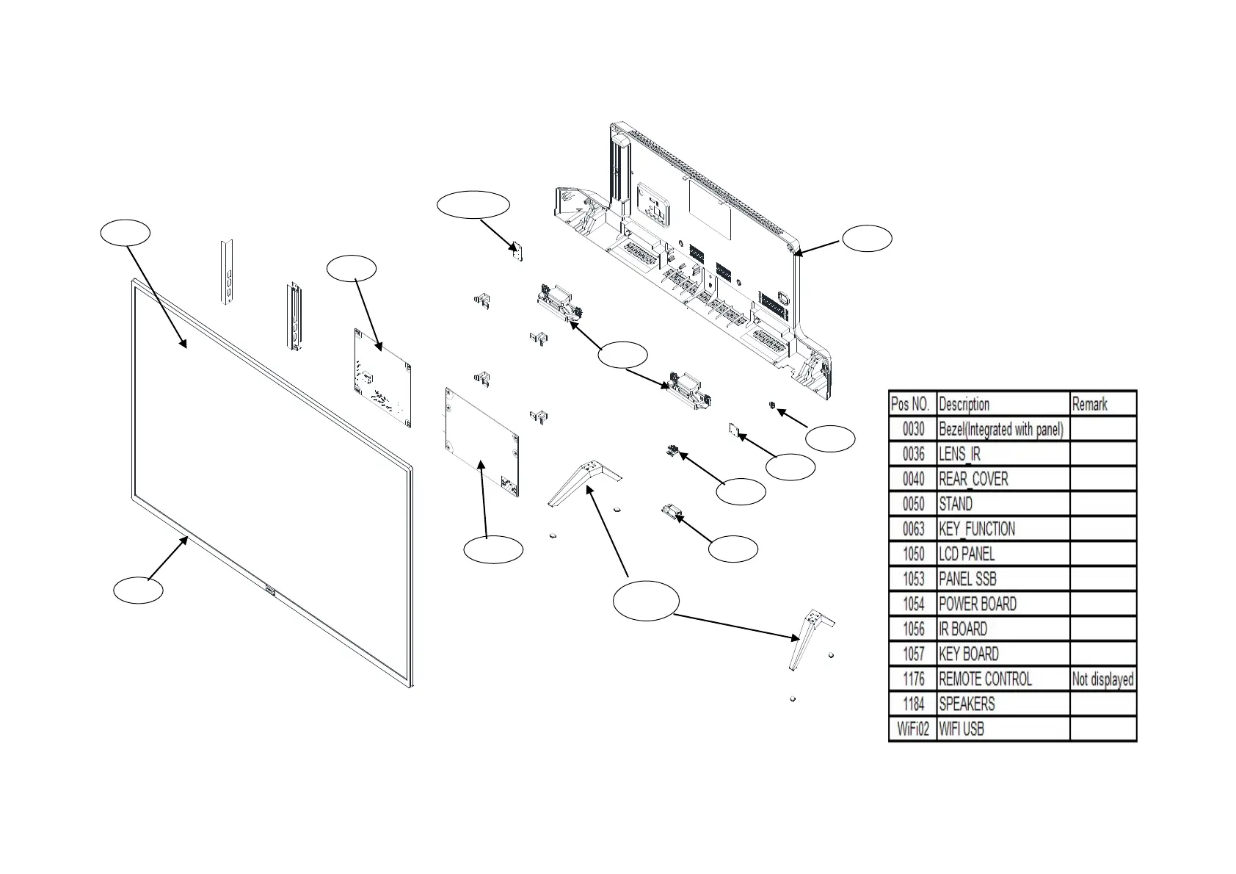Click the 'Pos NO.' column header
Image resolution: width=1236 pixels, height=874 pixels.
pos(912,404)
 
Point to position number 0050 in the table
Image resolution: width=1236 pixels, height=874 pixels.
pos(913,504)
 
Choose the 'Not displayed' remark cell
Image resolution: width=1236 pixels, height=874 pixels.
pos(1102,679)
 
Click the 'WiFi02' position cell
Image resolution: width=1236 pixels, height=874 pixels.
pos(913,729)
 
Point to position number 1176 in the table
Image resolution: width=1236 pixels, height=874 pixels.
pos(913,679)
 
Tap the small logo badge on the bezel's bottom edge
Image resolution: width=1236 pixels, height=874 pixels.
pos(269,588)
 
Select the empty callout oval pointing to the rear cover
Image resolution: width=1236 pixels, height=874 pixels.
pos(867,239)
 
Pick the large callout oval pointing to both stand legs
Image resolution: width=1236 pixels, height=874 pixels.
pos(645,600)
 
